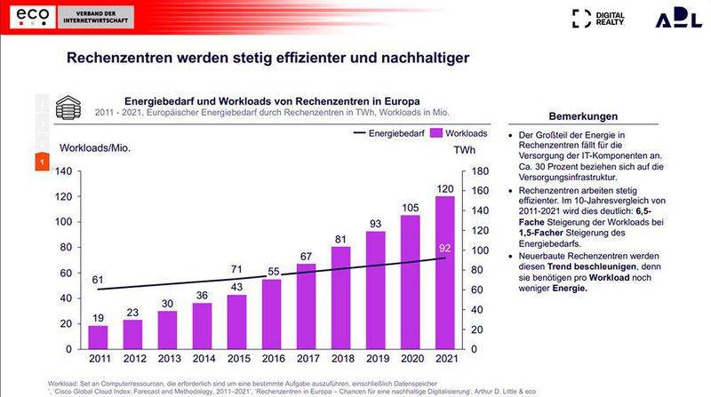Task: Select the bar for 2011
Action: click(x=98, y=337)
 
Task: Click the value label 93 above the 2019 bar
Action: click(x=377, y=223)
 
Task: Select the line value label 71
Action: click(x=236, y=269)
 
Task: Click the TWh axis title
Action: click(x=464, y=150)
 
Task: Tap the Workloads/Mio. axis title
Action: click(x=95, y=147)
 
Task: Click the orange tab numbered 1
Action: click(x=41, y=163)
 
